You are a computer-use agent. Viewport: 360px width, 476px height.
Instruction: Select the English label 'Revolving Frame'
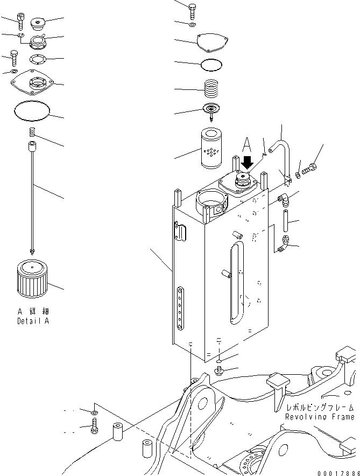click(320, 417)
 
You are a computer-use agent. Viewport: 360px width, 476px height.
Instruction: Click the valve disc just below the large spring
click(213, 109)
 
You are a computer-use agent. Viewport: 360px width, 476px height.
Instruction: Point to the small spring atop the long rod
click(32, 132)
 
